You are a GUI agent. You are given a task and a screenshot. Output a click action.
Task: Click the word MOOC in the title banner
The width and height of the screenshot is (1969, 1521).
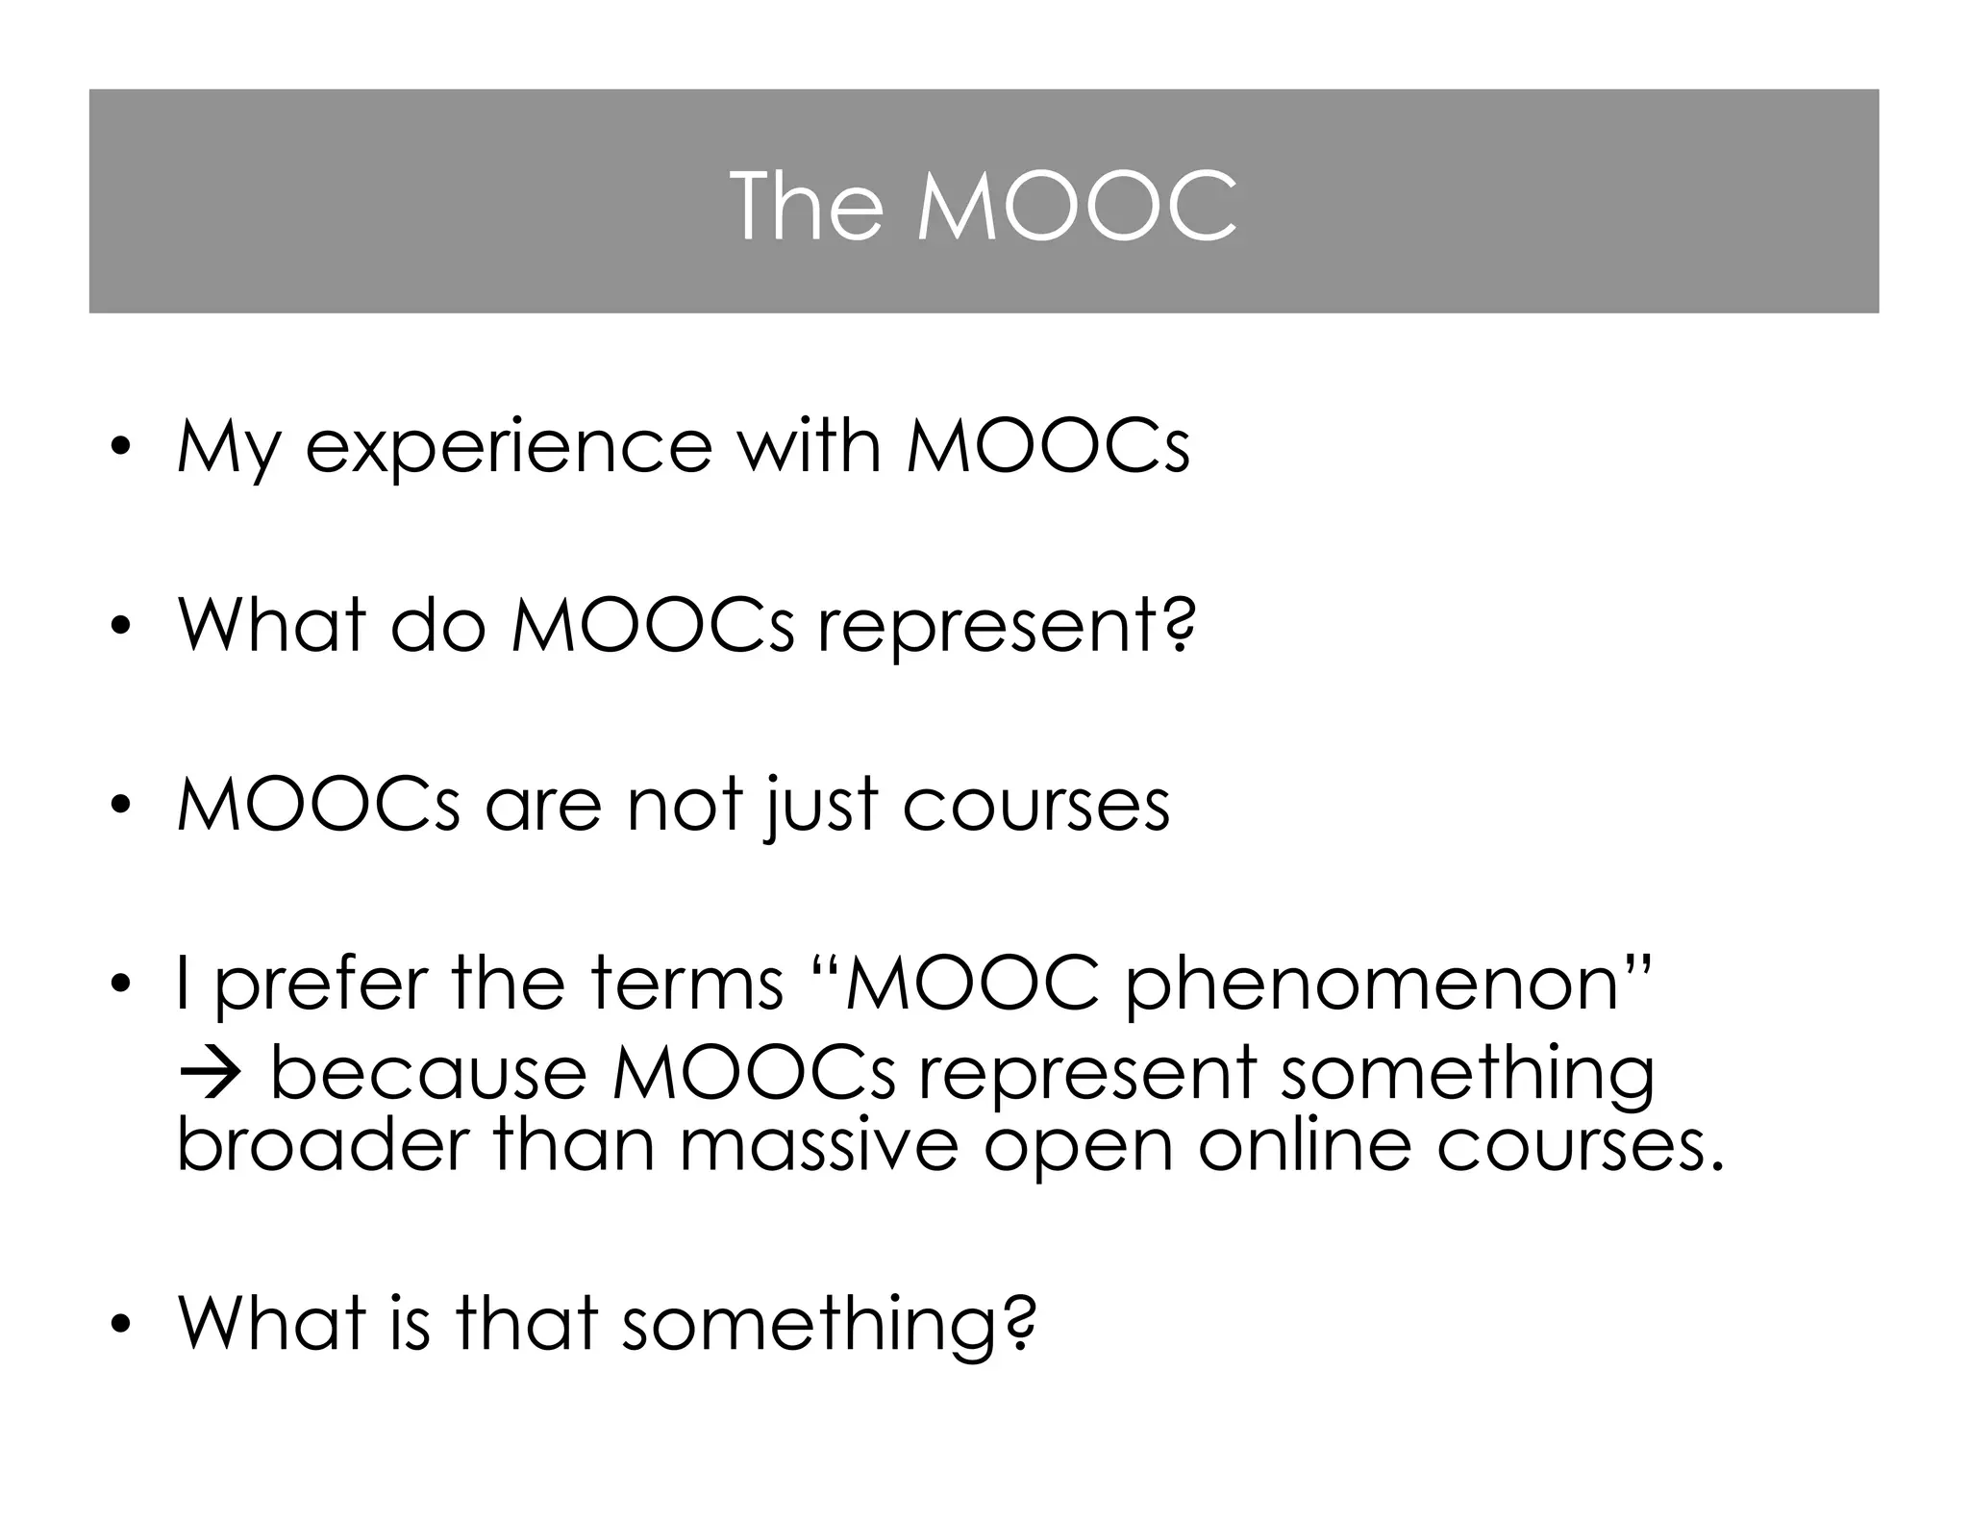1076,206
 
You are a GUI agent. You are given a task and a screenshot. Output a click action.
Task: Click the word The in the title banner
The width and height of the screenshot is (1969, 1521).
806,206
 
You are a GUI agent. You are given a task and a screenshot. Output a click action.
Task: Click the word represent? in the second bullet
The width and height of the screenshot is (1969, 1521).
1007,627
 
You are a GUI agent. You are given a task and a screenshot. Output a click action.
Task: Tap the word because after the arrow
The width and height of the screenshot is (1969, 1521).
429,1072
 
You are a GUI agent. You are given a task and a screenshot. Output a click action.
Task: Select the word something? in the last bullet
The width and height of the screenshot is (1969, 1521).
829,1325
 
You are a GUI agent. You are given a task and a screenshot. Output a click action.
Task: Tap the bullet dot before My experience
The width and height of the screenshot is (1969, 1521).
119,449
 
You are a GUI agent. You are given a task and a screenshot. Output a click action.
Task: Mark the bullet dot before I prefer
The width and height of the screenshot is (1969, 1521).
119,985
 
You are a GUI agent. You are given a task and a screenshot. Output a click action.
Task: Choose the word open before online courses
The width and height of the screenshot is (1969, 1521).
1078,1147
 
